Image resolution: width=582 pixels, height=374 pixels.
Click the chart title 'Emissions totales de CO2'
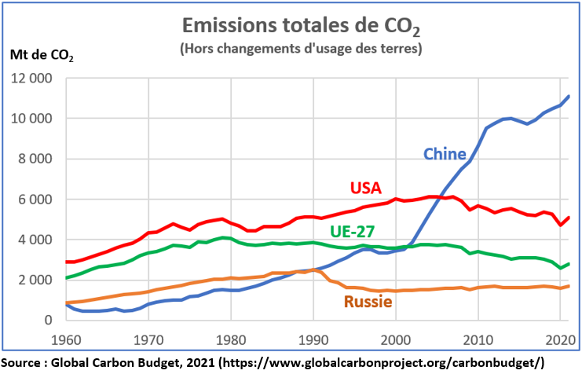pos(300,27)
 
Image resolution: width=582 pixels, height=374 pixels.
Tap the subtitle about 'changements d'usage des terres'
pos(301,49)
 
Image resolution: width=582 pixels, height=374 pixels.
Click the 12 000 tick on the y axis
pos(31,79)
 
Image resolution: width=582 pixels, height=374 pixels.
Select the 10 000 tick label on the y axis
pos(31,119)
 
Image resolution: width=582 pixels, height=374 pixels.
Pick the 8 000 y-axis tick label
pos(35,159)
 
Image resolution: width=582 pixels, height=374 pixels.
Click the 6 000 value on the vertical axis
pos(35,200)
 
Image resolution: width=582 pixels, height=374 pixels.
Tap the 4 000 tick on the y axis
pos(35,240)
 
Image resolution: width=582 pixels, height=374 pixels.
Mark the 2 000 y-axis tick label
pos(35,280)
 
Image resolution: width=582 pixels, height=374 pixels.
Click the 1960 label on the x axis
pos(64,339)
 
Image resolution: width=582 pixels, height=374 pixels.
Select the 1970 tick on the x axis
pos(148,339)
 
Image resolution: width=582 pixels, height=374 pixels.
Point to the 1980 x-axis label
pos(230,339)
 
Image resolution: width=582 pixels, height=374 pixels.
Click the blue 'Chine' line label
pos(445,153)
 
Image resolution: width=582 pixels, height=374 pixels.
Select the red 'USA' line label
pos(365,188)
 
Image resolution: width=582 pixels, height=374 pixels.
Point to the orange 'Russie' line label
pos(367,302)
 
